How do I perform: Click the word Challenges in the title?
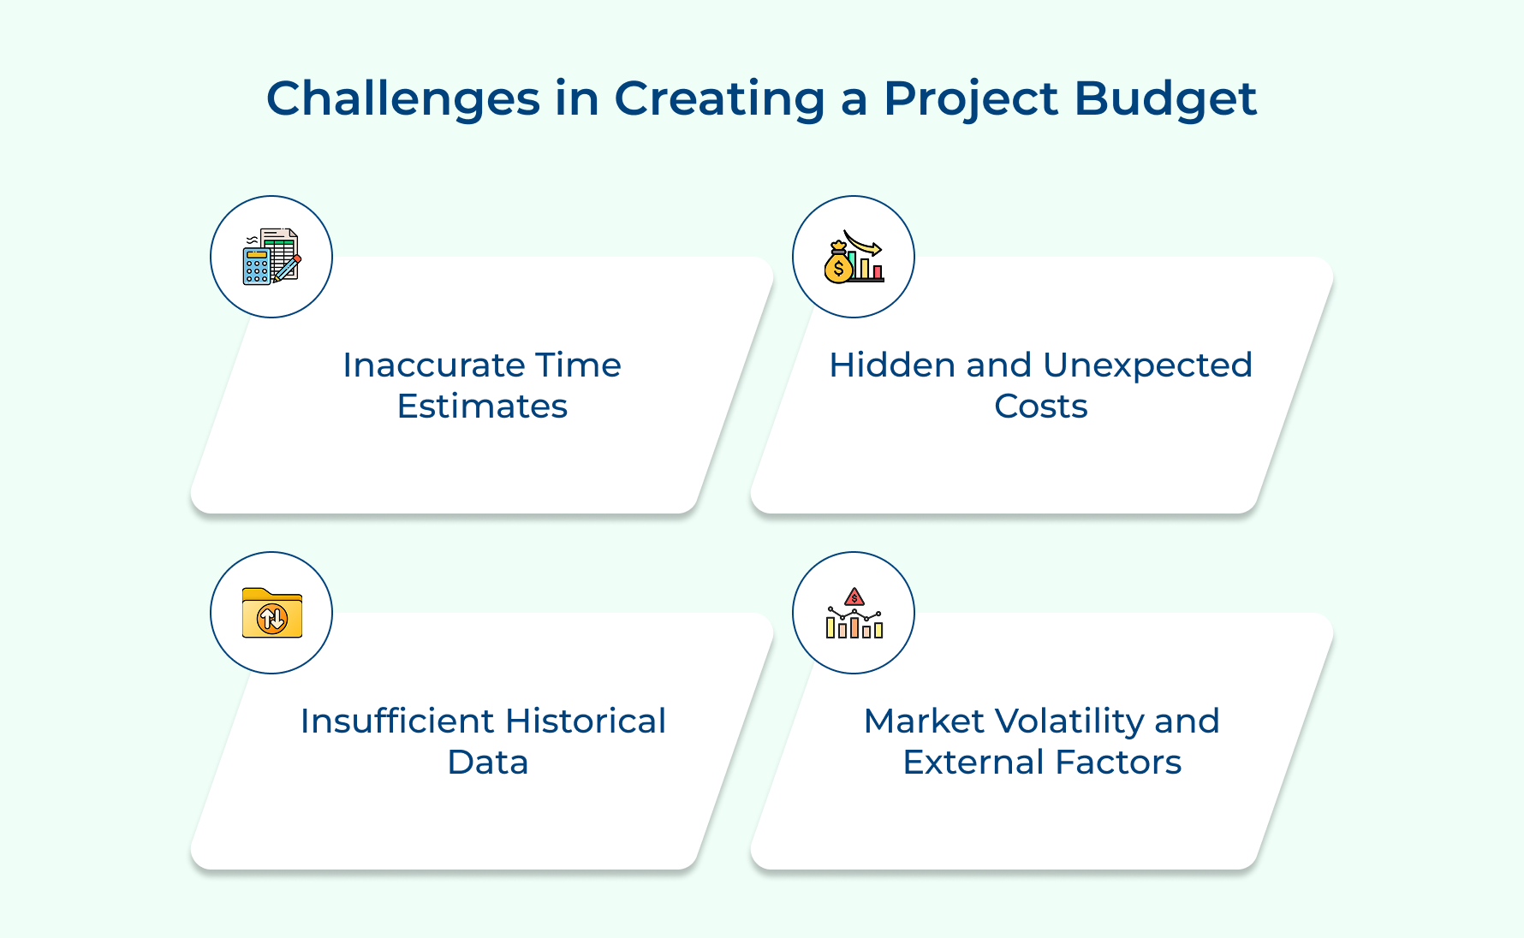tap(402, 99)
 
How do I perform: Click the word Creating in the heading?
tap(719, 99)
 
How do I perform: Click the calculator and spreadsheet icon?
tap(271, 257)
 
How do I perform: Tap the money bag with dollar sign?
tap(838, 264)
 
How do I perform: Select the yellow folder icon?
tap(271, 613)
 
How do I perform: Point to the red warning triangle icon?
tap(854, 597)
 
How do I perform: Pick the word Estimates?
tap(482, 407)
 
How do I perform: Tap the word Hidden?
tap(892, 365)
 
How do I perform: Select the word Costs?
tap(1040, 407)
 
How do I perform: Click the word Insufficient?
tap(397, 721)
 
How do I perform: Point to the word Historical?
tap(586, 721)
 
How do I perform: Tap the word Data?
tap(487, 763)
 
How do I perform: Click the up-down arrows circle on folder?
tap(272, 618)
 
